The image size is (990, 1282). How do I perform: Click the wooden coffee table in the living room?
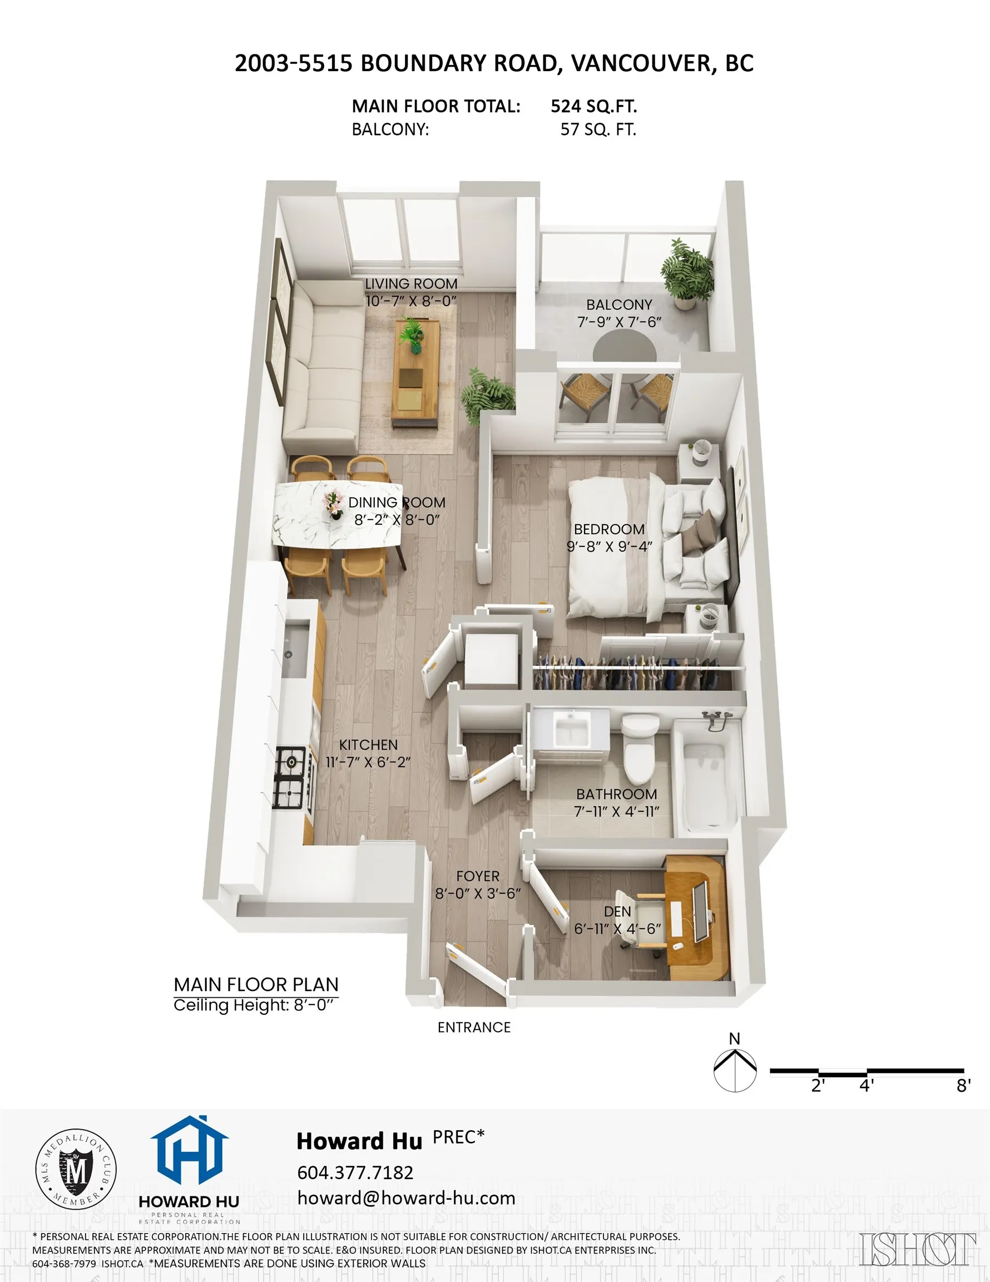pos(416,373)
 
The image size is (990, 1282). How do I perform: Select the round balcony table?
pos(624,349)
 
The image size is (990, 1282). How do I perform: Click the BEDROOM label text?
pos(609,529)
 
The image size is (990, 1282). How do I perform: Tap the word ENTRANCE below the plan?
pos(473,1027)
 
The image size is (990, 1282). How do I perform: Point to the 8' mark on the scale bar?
pos(963,1086)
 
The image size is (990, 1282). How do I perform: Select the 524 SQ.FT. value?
pos(593,106)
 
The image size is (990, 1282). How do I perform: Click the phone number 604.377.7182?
pos(355,1172)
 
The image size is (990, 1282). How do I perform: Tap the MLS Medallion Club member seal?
pos(76,1169)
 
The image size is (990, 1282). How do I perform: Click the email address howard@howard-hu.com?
pos(406,1197)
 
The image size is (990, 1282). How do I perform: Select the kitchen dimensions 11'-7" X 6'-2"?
pos(368,761)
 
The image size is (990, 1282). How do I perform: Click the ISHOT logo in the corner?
pos(917,1249)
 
